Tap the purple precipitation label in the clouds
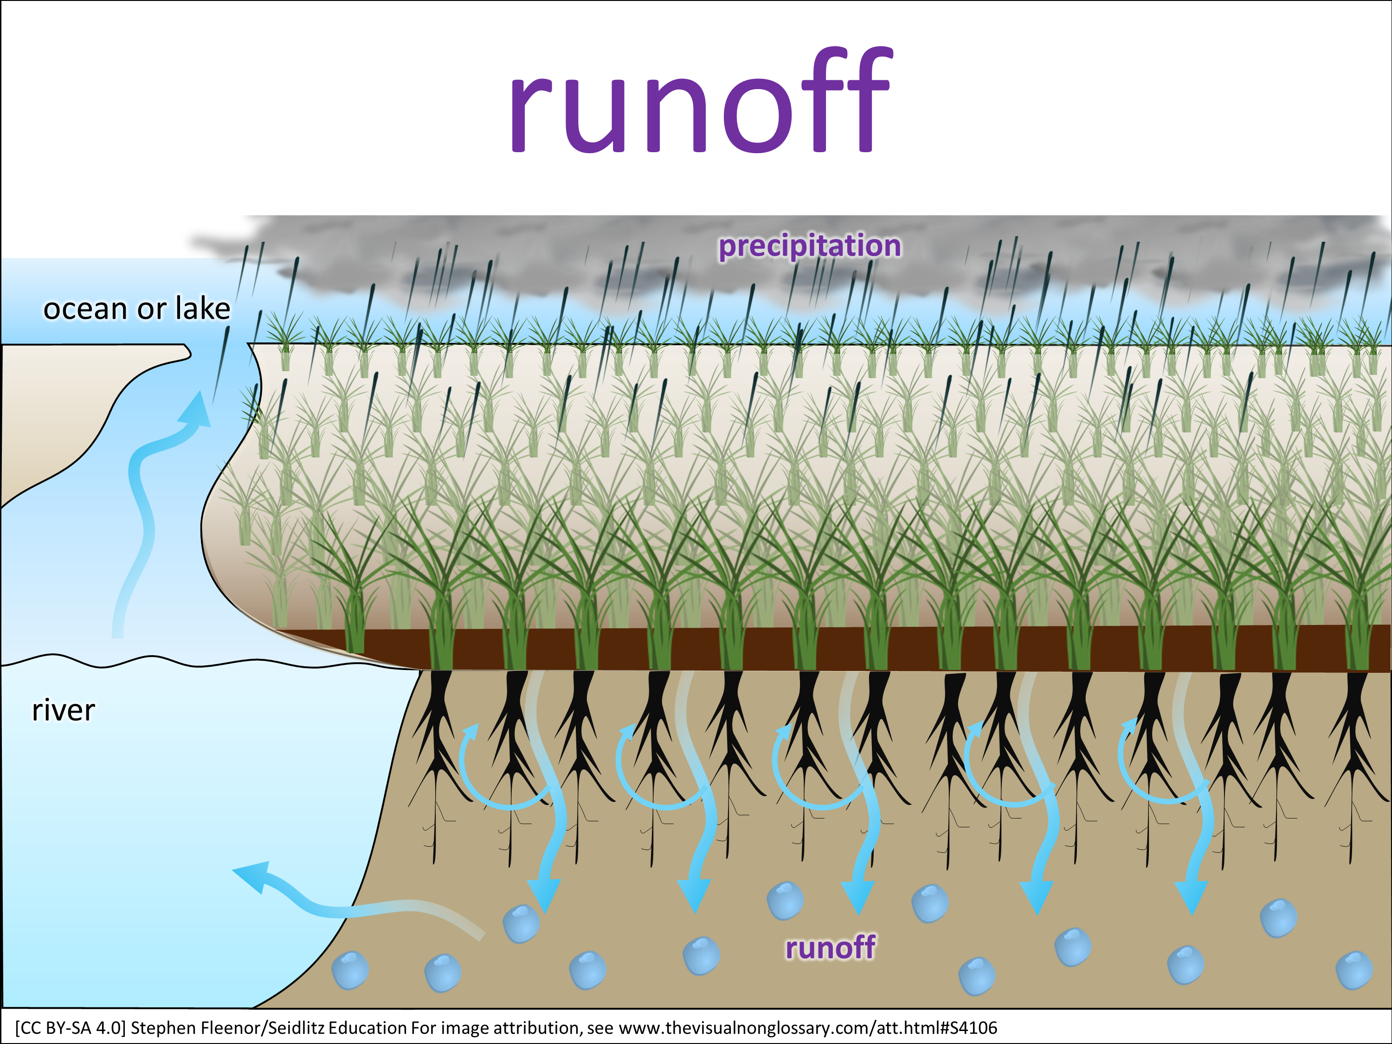pos(809,245)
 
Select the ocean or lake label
pos(136,309)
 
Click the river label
pos(63,710)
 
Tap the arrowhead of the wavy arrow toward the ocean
pos(197,410)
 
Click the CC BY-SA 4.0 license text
pos(71,1028)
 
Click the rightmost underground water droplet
pos(1353,970)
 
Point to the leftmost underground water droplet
pos(350,970)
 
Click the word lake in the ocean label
pos(203,309)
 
